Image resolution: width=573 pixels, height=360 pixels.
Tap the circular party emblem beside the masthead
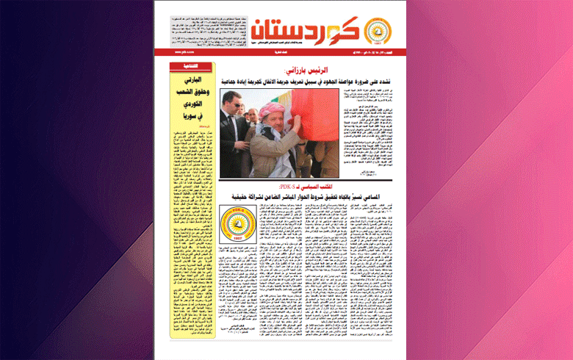pyautogui.click(x=378, y=30)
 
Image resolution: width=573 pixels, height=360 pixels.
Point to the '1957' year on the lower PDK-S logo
pyautogui.click(x=238, y=240)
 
